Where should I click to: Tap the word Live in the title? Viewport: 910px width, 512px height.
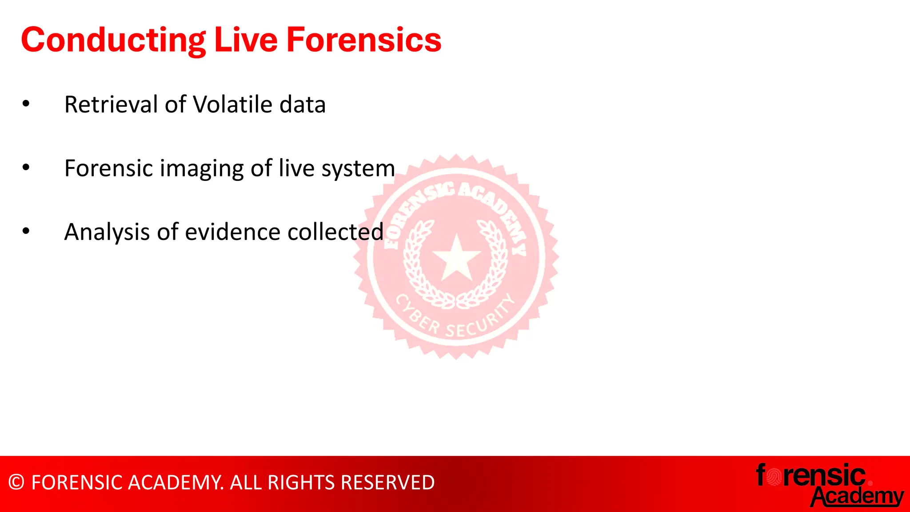coord(246,40)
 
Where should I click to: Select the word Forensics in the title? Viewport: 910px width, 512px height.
coord(364,40)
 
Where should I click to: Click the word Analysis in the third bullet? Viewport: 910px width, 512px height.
coord(107,232)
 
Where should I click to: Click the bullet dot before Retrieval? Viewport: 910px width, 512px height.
coord(26,104)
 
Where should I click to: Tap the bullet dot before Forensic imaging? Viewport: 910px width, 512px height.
coord(26,168)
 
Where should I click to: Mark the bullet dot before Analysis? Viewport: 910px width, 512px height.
coord(26,231)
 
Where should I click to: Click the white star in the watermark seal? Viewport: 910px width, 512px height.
coord(456,258)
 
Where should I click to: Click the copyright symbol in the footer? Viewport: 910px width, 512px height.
coord(16,483)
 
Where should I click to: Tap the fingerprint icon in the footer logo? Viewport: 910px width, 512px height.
coord(774,477)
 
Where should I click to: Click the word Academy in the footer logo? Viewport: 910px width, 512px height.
coord(858,496)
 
